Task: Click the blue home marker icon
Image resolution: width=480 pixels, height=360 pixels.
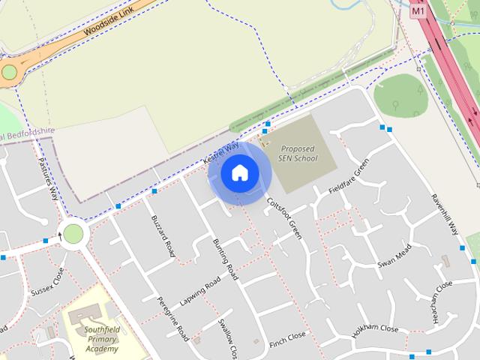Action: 239,173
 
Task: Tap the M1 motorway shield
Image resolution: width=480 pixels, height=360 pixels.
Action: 418,13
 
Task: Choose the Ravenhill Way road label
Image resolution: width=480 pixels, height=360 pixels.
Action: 445,215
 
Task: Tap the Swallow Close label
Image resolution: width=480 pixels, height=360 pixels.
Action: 227,338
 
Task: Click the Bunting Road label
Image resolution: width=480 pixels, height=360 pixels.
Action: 225,259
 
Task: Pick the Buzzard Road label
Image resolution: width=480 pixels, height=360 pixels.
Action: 163,235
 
